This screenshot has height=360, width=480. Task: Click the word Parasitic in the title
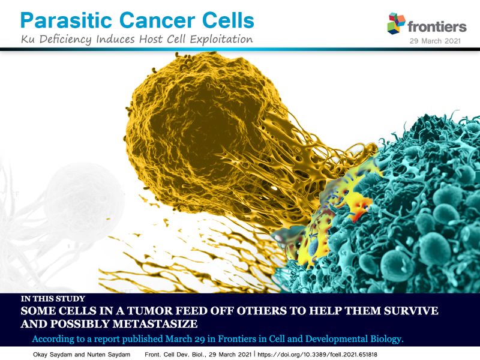67,21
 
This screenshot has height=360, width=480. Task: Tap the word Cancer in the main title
157,21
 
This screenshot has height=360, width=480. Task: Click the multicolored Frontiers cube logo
396,23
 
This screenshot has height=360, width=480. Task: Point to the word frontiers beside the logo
437,26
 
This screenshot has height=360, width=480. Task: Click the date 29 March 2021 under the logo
435,41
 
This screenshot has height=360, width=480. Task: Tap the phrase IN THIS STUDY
53,299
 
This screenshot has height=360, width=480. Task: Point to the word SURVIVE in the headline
411,311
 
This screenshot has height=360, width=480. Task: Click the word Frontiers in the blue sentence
237,339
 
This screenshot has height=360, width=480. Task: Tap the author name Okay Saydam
53,355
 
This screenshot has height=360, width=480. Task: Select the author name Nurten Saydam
109,355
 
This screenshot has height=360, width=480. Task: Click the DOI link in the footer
317,355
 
